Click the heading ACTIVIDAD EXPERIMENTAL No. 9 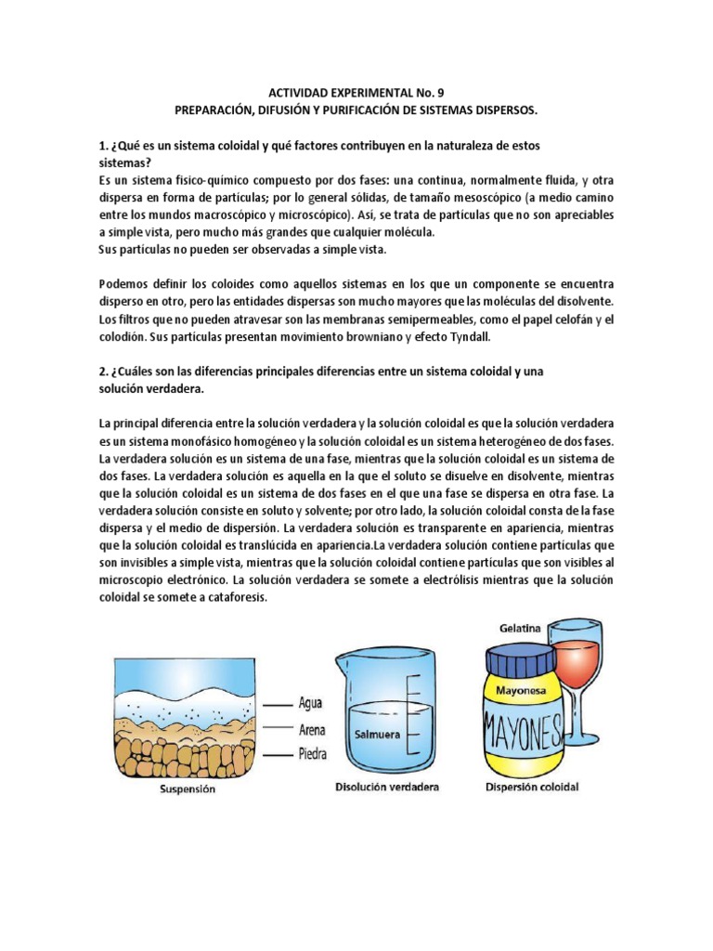[x=356, y=93]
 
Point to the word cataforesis [x=230, y=597]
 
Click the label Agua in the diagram [x=310, y=702]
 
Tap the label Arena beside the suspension [x=313, y=728]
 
